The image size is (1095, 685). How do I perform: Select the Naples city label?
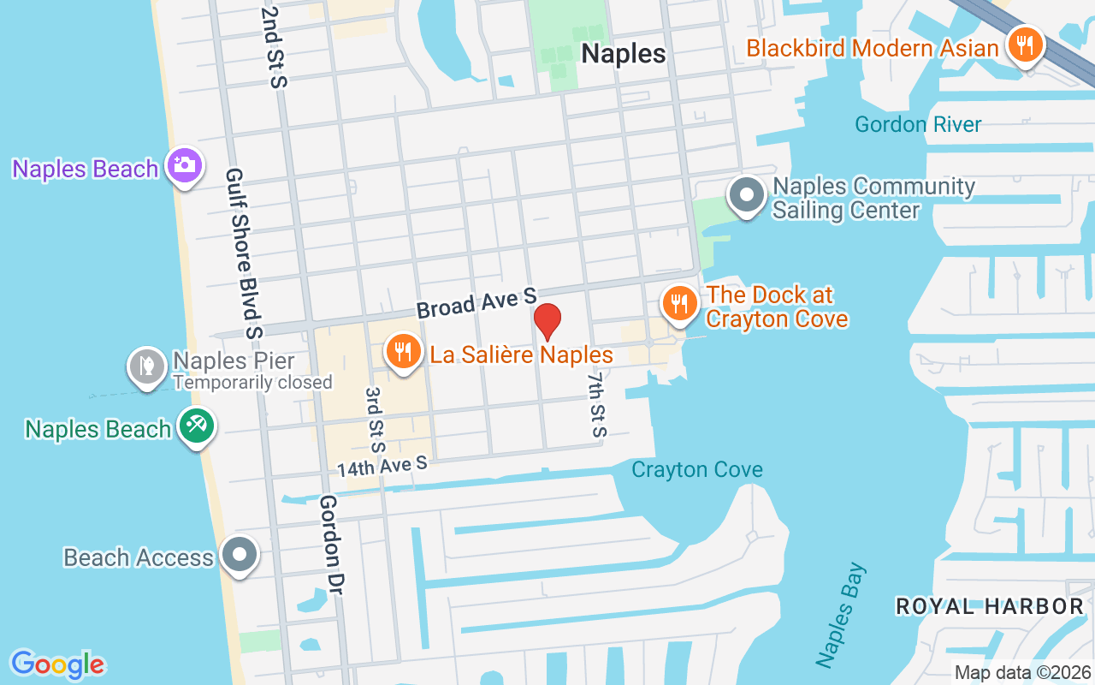(623, 54)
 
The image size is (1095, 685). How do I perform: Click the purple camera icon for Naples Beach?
(184, 164)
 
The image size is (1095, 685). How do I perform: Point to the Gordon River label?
(918, 125)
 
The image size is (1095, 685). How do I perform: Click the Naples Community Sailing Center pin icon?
(747, 195)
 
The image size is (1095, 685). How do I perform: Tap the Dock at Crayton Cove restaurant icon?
(679, 303)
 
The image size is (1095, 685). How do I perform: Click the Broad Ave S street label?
(476, 303)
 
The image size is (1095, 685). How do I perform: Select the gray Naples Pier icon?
(147, 366)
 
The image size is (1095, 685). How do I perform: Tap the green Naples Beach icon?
(197, 425)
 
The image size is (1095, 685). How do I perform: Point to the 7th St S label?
(596, 403)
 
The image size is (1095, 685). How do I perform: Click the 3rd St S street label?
(375, 419)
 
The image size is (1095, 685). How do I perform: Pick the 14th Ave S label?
(382, 467)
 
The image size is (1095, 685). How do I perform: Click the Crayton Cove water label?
(696, 470)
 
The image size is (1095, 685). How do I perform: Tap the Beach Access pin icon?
(240, 554)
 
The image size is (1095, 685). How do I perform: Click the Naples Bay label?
(841, 615)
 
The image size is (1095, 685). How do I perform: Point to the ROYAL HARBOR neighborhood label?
(989, 607)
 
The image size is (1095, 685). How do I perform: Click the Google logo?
(58, 664)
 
